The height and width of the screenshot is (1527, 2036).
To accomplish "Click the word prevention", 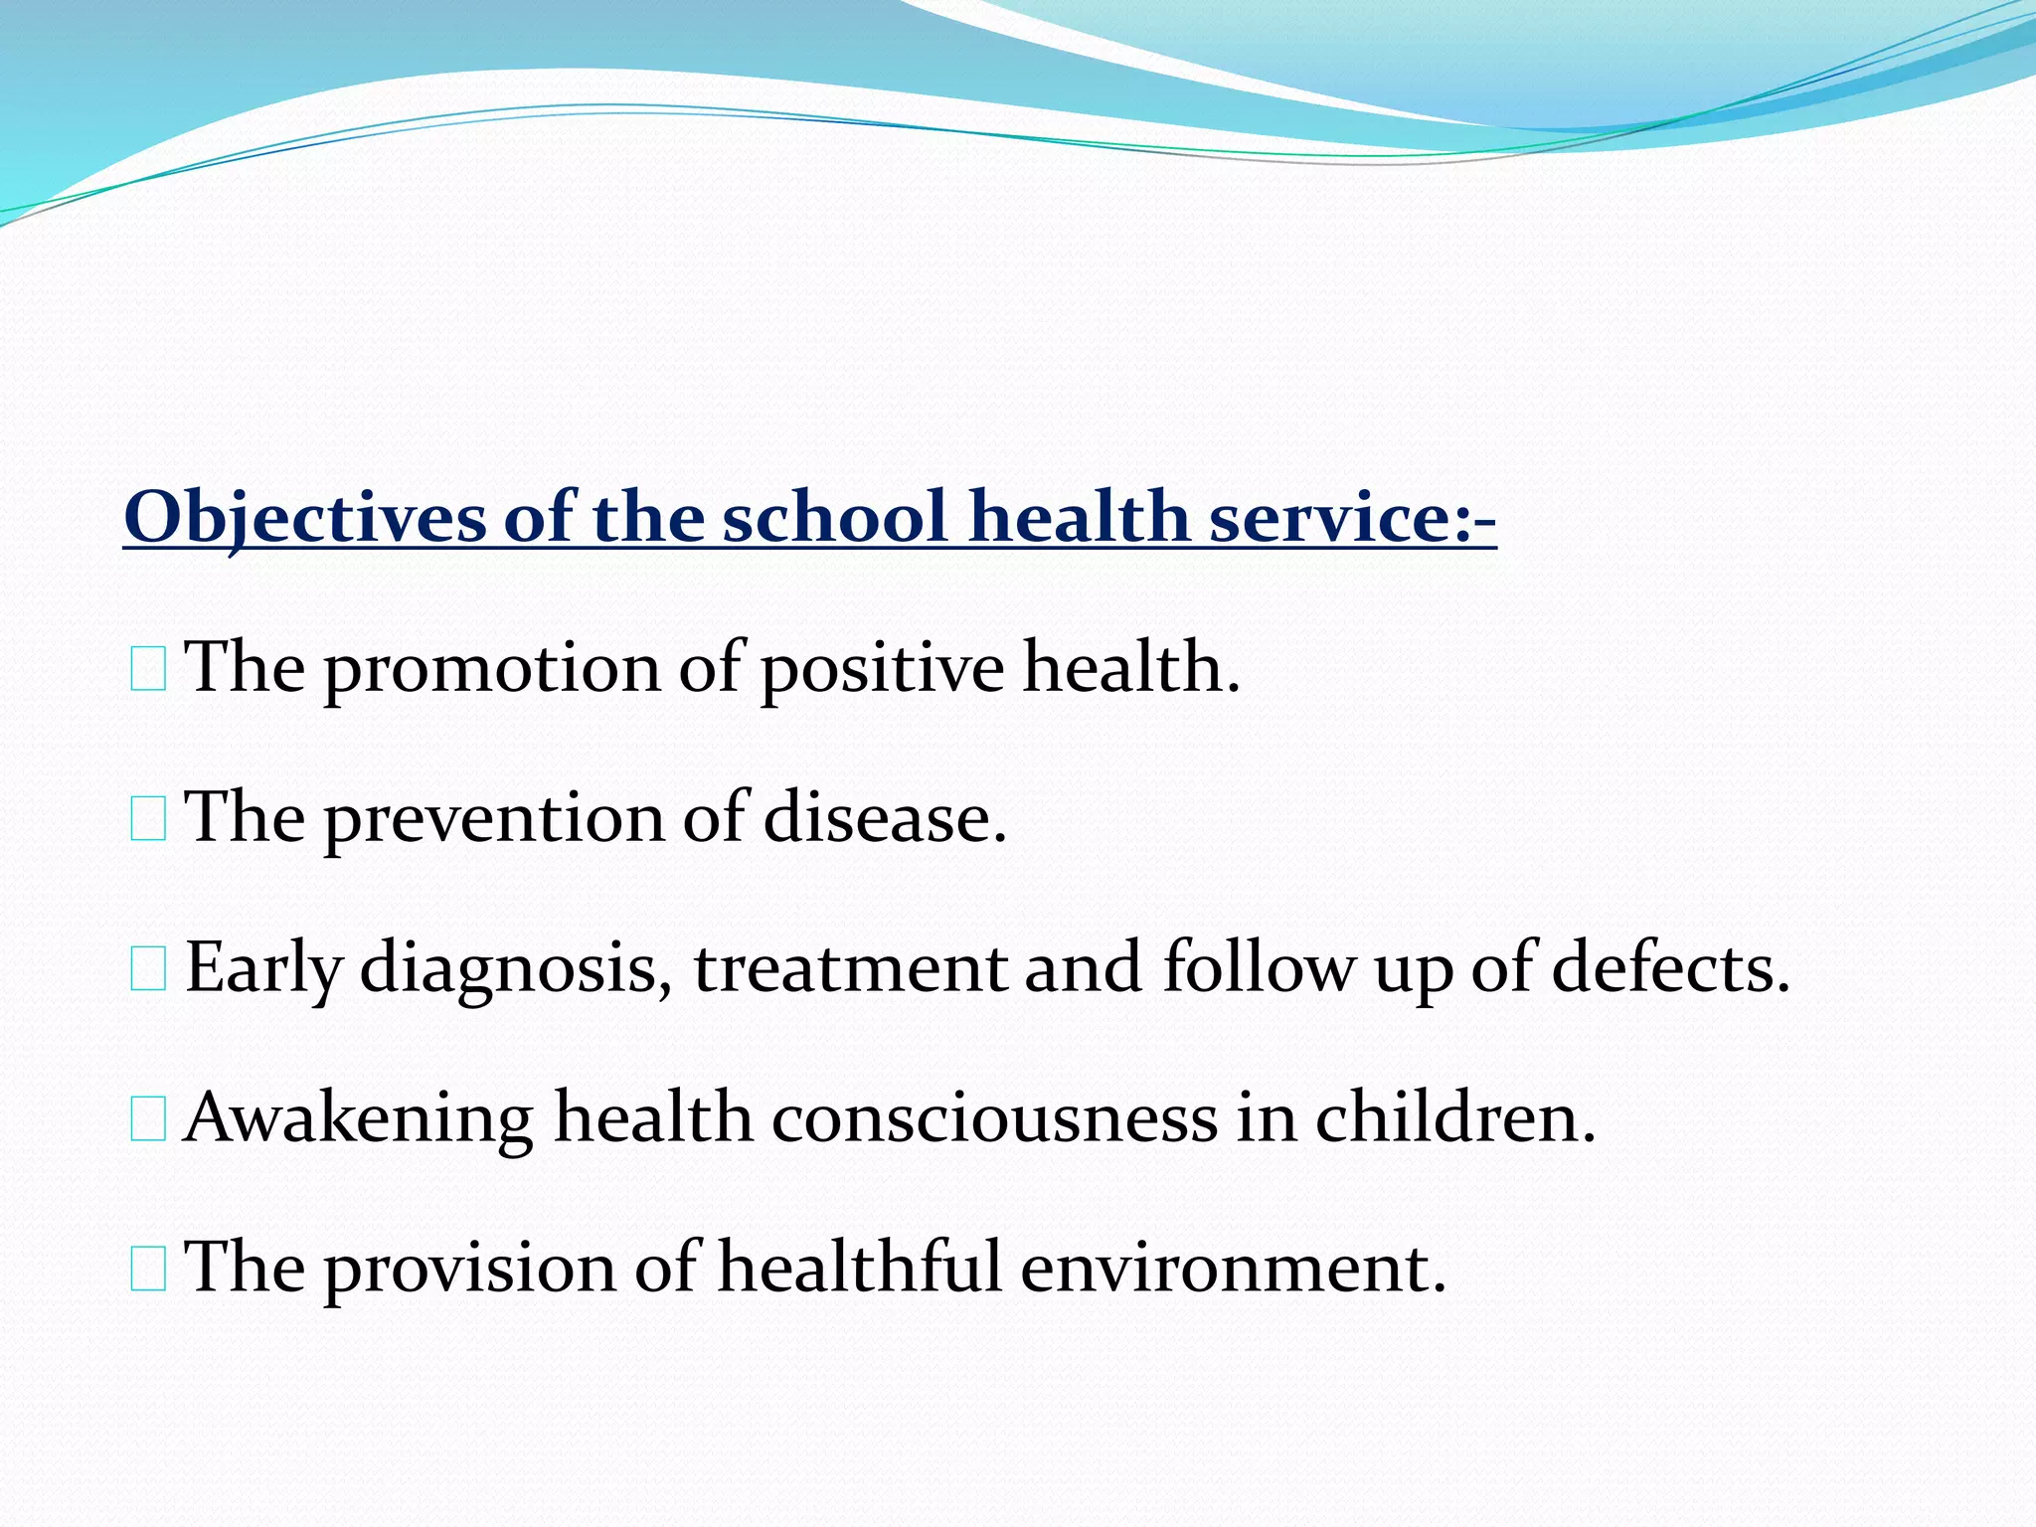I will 494,819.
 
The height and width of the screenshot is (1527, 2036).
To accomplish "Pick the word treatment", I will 850,968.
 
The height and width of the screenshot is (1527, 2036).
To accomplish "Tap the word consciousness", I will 994,1118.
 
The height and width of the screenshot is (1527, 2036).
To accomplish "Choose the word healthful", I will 860,1269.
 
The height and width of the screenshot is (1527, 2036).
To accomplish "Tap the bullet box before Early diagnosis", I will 148,970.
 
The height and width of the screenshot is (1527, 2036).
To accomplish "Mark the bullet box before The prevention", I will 148,820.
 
